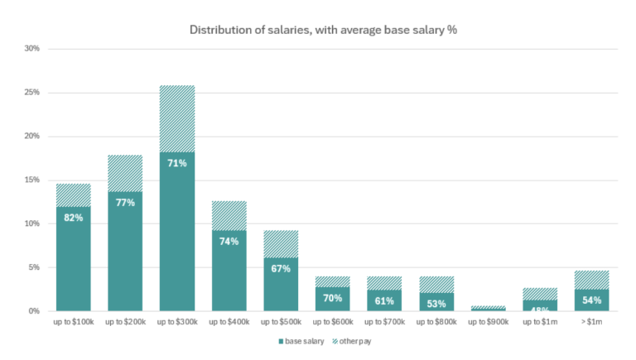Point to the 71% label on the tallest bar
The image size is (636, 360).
(177, 164)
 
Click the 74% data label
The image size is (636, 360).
(229, 242)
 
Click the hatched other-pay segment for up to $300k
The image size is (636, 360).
(177, 118)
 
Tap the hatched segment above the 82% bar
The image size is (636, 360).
(74, 194)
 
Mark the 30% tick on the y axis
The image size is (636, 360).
(32, 48)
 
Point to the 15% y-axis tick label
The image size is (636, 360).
(32, 180)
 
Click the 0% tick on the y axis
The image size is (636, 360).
(35, 311)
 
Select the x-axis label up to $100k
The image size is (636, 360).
(74, 322)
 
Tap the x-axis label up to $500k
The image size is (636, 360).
(281, 322)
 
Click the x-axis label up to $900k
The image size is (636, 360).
(489, 322)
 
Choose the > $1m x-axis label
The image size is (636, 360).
(592, 322)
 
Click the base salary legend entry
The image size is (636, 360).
(301, 341)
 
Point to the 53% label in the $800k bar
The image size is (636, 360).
(436, 303)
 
